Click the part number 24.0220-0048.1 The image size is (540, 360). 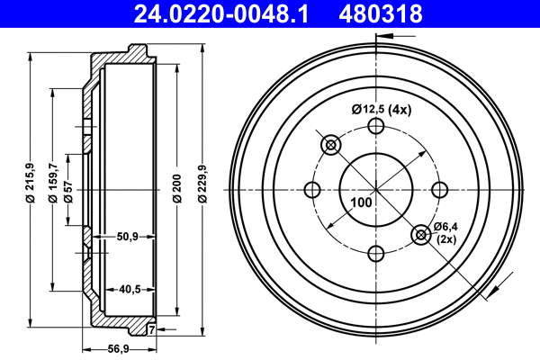[229, 13]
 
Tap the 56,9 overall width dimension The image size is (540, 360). [119, 350]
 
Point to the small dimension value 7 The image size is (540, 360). [151, 329]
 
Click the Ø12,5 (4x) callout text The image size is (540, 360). [381, 110]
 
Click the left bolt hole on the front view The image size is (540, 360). [313, 190]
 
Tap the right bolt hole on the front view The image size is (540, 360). [439, 190]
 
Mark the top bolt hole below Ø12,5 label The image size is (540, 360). [376, 127]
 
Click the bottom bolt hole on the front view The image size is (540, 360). [376, 253]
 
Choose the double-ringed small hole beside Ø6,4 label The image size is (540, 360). [420, 235]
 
